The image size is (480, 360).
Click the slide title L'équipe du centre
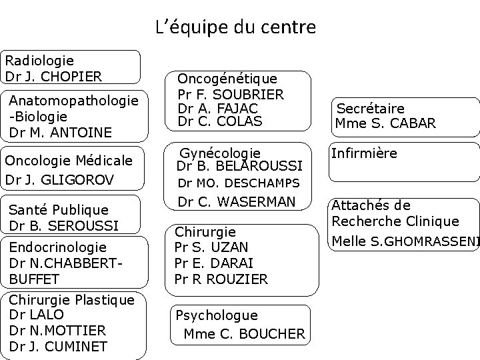(x=235, y=28)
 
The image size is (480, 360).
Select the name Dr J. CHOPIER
(x=53, y=76)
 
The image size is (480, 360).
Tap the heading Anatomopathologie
(x=73, y=100)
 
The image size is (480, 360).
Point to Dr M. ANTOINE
(x=61, y=132)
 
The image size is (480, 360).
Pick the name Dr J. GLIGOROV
(x=59, y=179)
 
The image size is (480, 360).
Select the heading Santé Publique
(x=58, y=210)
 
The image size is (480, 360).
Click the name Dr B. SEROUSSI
(x=64, y=225)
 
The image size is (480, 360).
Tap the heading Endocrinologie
(x=58, y=247)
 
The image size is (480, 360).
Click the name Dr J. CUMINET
(x=58, y=346)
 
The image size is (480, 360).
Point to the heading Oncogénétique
(x=227, y=79)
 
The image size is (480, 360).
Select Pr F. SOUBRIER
(x=231, y=94)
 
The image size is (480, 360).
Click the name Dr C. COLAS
(x=220, y=121)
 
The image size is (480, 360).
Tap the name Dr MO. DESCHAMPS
(x=238, y=183)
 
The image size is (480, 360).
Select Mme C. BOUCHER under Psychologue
(x=244, y=333)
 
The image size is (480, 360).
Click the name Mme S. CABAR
(x=386, y=123)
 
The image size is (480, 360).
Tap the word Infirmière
(x=364, y=153)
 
